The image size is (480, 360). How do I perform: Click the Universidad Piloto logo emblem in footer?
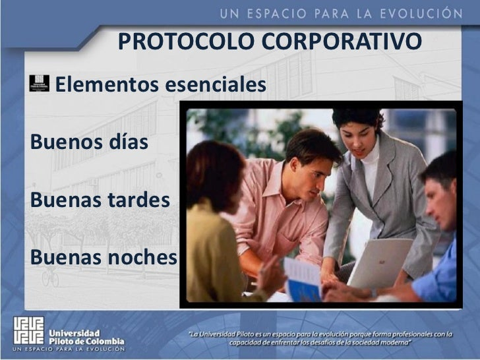28,333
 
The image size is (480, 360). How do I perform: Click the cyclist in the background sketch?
50,276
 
